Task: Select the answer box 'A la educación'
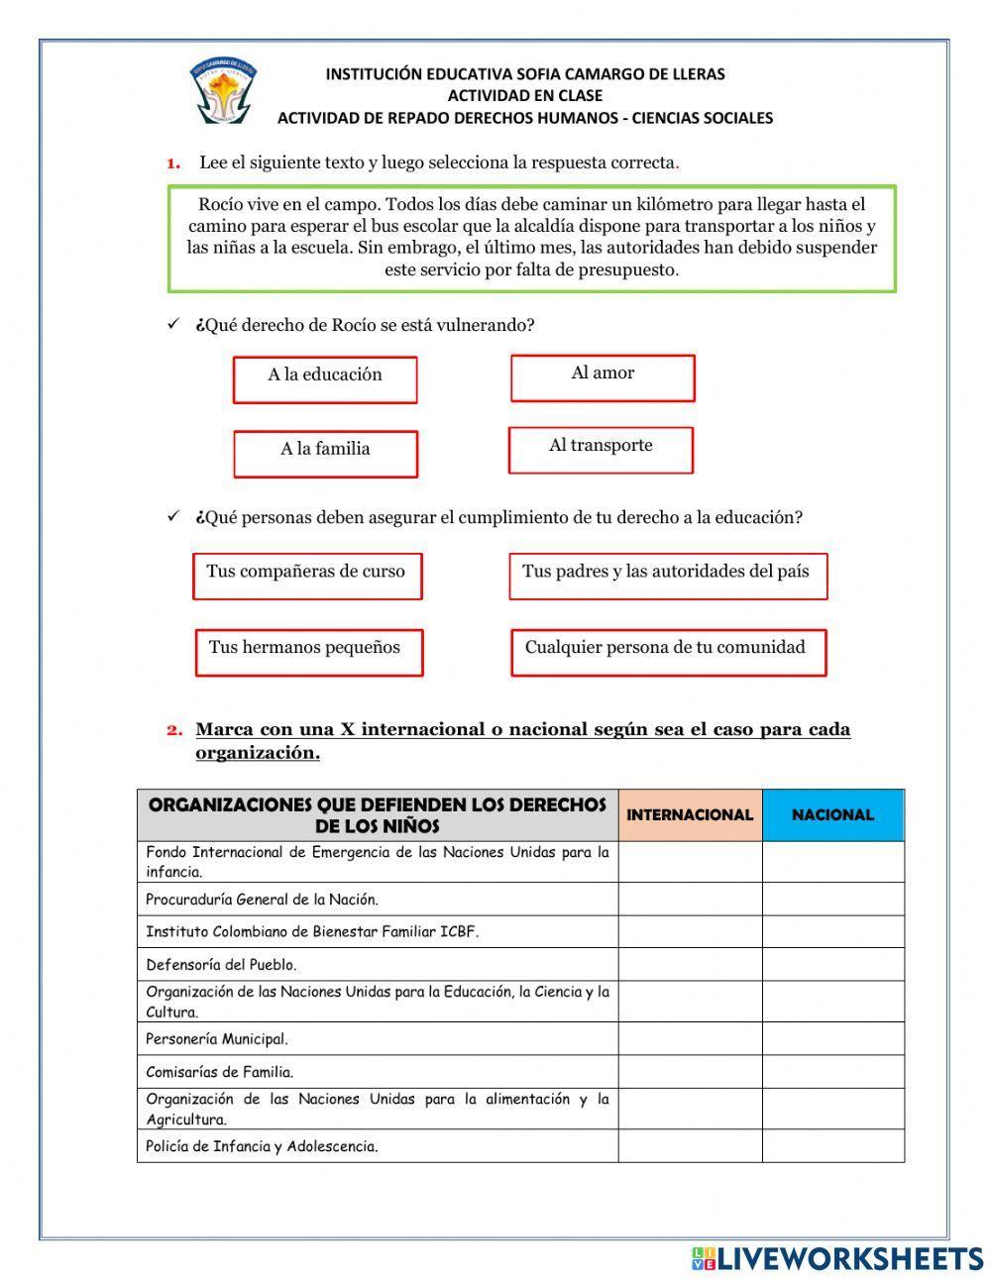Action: point(325,379)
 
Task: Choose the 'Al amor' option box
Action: point(603,377)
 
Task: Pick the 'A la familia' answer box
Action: point(325,453)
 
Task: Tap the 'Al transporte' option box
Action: point(601,450)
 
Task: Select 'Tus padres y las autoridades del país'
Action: point(667,576)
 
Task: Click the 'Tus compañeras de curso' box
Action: point(306,576)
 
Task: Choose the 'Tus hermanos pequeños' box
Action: point(308,652)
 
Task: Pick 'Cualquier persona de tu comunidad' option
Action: point(668,652)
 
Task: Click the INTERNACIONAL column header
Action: point(690,814)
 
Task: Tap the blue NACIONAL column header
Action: point(832,814)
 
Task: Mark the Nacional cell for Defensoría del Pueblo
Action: point(832,964)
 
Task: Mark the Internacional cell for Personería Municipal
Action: point(690,1038)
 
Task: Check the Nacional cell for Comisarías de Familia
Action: point(832,1071)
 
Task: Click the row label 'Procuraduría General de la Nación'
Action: point(263,900)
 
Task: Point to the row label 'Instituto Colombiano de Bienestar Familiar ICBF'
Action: point(312,931)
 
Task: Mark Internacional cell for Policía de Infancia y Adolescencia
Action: point(690,1146)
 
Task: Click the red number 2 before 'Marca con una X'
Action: point(174,730)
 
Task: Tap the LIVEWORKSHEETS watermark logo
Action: point(837,1258)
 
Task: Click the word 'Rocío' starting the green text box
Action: point(219,205)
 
